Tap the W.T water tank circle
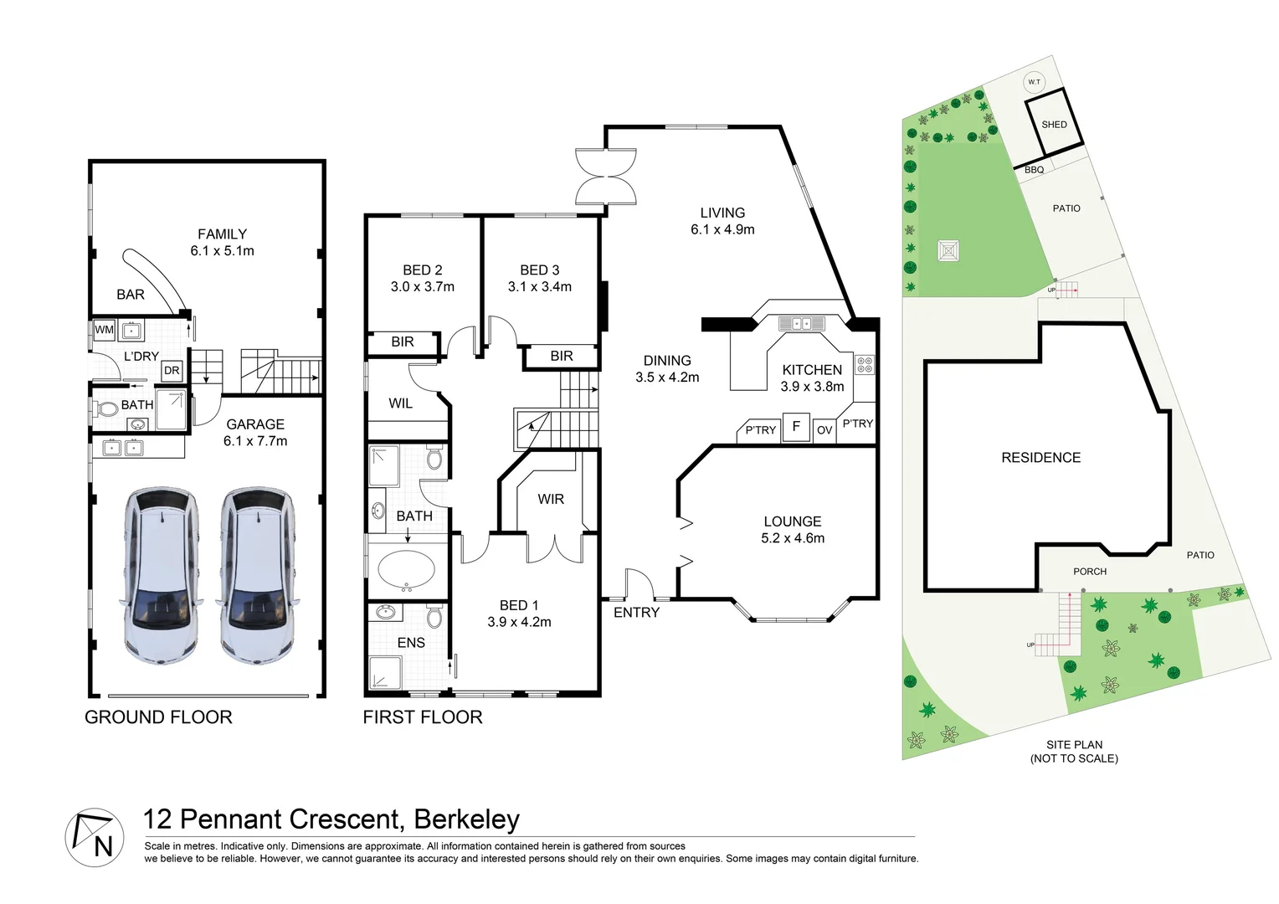click(1034, 81)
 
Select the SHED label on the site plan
click(1054, 125)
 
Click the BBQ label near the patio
click(1034, 170)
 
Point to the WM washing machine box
click(104, 330)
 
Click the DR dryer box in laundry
click(172, 371)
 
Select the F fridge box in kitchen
click(796, 427)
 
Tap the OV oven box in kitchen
click(824, 430)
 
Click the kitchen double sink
click(801, 323)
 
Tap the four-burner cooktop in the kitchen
click(864, 365)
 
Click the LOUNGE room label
click(792, 521)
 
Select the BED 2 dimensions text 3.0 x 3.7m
click(422, 286)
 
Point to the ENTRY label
click(636, 613)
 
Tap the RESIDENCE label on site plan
click(1040, 458)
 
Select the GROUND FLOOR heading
click(158, 717)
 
